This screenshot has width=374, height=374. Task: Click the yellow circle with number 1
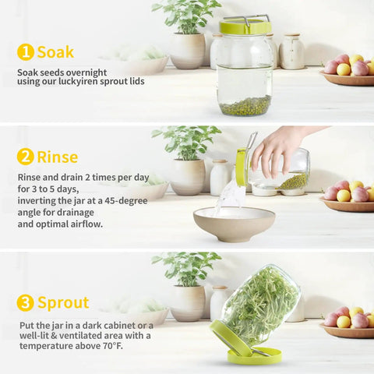pos(26,52)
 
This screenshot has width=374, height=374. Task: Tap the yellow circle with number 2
pos(26,157)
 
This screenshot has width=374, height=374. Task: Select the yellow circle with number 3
pos(26,302)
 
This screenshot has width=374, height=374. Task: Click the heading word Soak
pos(55,52)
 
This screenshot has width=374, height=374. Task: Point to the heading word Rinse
pos(58,157)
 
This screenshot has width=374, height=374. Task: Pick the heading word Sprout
pos(63,303)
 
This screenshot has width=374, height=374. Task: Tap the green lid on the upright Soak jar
pos(245,26)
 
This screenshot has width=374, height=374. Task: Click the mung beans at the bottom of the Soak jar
pos(245,105)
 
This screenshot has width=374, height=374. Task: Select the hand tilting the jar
pos(280,150)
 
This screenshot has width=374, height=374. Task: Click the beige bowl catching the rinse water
pos(234,224)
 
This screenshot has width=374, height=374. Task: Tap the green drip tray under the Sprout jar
pos(255,355)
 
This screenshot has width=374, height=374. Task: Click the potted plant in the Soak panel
pos(187,34)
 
